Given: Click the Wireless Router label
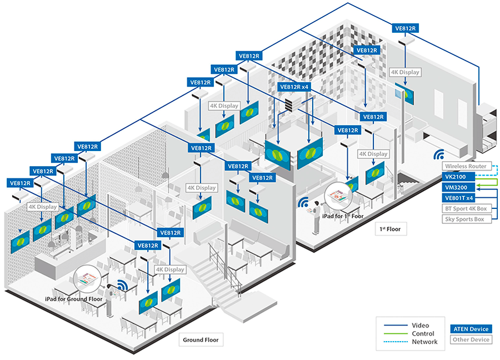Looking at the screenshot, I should coord(466,166).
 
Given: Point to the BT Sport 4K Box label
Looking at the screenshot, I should coord(466,208).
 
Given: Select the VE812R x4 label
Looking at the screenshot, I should coord(294,87).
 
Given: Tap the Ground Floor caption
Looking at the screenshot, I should coord(201,339).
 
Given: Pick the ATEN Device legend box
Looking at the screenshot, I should coord(471,329).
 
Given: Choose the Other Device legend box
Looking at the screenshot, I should coord(471,339).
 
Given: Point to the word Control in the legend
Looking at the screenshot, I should coord(423,333).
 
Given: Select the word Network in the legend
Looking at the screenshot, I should coord(424,342).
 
